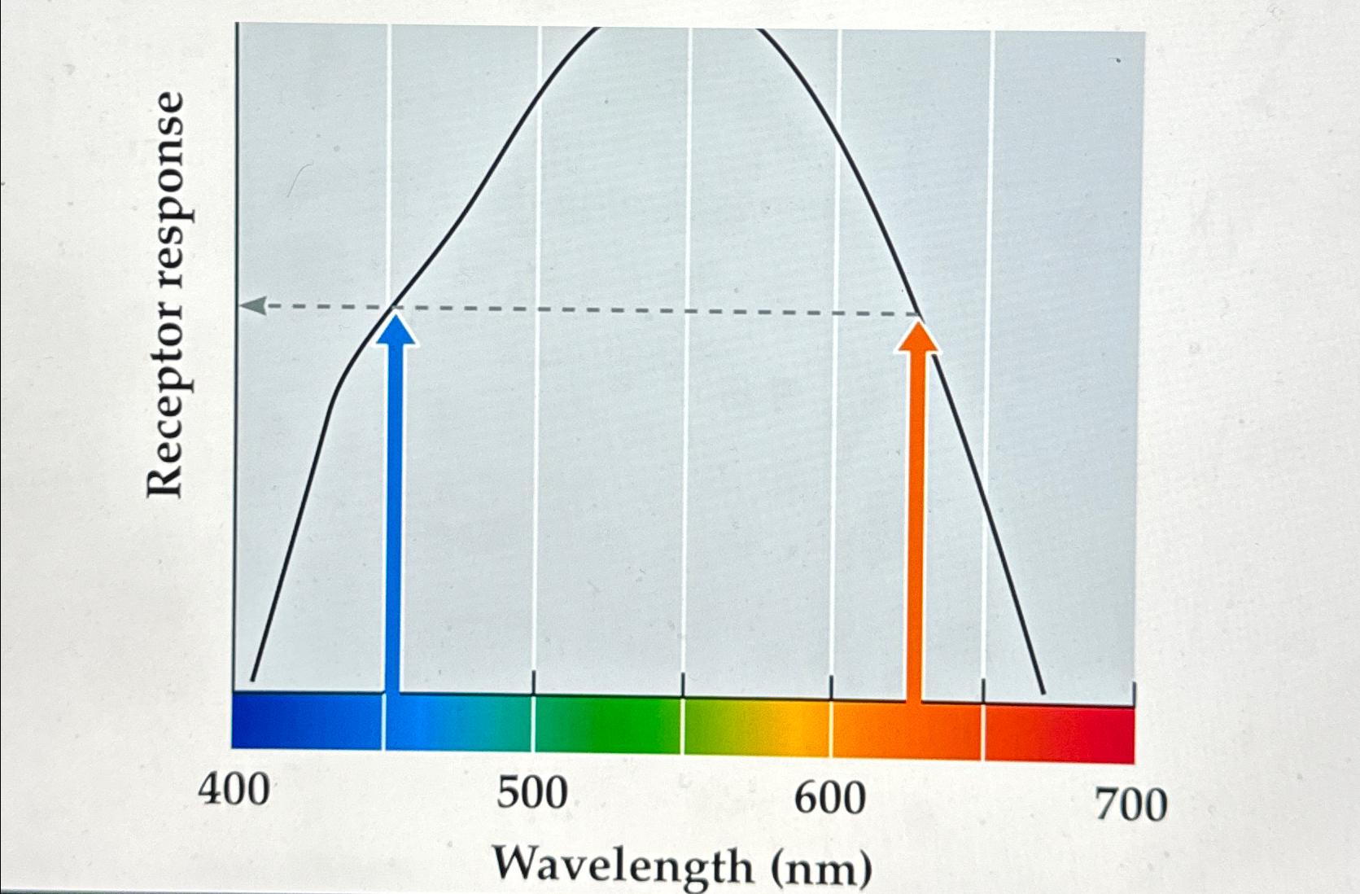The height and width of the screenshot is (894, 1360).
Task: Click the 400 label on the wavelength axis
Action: [234, 790]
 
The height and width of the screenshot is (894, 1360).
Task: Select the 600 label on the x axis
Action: [830, 799]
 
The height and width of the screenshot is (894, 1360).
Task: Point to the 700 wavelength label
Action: [1130, 805]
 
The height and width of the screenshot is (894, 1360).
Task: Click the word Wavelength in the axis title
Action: [623, 865]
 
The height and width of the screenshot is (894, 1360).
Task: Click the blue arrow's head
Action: [396, 329]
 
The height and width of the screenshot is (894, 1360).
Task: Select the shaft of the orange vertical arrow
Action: [915, 521]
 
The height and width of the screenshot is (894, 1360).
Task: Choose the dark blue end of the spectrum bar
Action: [269, 720]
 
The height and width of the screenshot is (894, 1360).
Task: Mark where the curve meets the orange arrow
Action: [919, 314]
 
